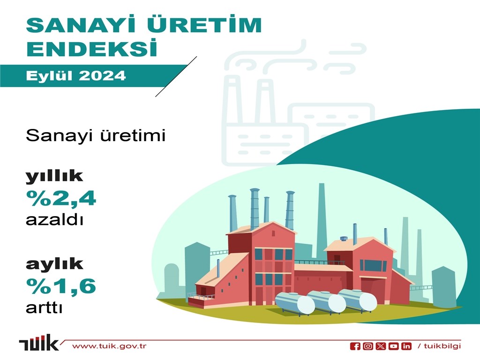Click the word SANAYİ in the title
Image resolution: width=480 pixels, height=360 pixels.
pyautogui.click(x=81, y=24)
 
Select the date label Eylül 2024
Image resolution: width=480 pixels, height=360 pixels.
pyautogui.click(x=76, y=75)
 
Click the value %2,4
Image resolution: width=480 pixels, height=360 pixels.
pyautogui.click(x=61, y=198)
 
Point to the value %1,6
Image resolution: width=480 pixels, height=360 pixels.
pyautogui.click(x=61, y=286)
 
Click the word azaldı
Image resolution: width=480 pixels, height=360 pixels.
pyautogui.click(x=54, y=219)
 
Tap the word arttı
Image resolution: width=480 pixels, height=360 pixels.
pyautogui.click(x=44, y=307)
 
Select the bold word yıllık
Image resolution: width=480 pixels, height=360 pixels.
pyautogui.click(x=54, y=176)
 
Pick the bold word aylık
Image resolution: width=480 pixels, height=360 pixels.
pyautogui.click(x=54, y=264)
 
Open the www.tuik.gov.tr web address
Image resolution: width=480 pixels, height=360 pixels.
pyautogui.click(x=109, y=346)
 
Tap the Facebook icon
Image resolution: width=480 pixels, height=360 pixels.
pyautogui.click(x=355, y=346)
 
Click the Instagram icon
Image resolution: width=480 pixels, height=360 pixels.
pyautogui.click(x=368, y=346)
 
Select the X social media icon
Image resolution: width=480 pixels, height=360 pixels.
pyautogui.click(x=381, y=346)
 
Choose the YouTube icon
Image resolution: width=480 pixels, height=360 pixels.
pyautogui.click(x=394, y=346)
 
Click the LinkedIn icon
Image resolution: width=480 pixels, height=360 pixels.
pyautogui.click(x=406, y=346)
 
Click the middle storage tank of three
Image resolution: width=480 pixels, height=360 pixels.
pyautogui.click(x=327, y=302)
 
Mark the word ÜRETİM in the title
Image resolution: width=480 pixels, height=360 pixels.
pyautogui.click(x=204, y=24)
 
